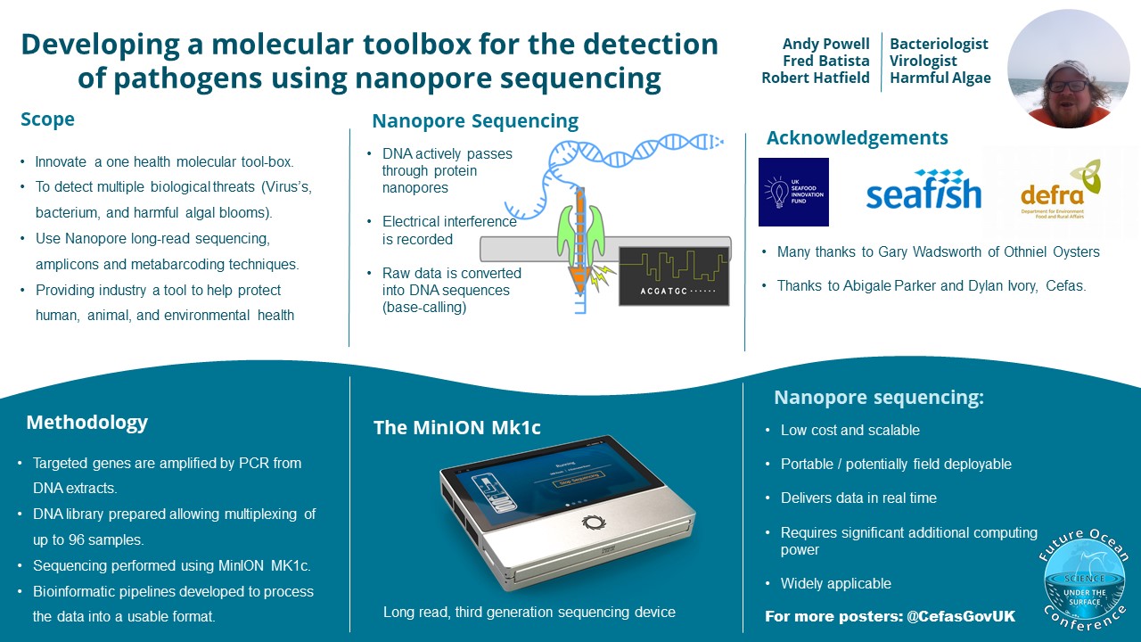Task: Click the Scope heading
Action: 48,119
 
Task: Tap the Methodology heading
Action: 86,422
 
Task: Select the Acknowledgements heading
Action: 857,138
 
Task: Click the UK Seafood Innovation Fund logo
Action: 793,192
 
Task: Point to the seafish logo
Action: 923,190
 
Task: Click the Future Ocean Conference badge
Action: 1084,580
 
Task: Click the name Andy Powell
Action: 825,44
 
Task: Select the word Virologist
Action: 923,61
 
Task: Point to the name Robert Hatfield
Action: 815,78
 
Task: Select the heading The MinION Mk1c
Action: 456,427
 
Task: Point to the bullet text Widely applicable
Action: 835,583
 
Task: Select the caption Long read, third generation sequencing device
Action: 529,612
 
